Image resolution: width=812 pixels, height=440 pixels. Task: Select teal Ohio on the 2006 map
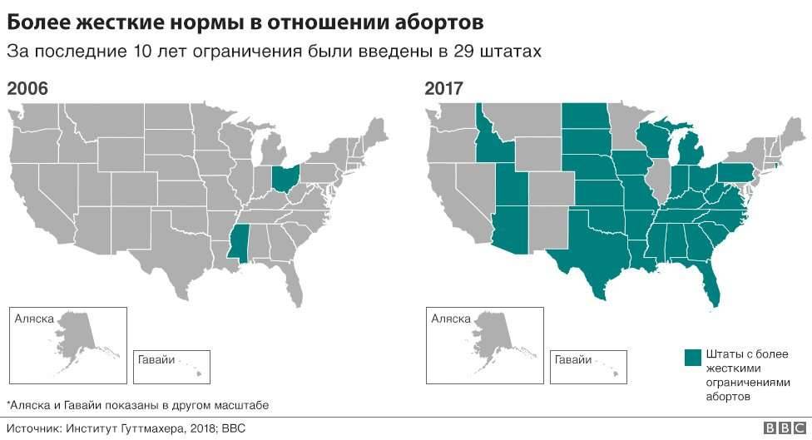pyautogui.click(x=285, y=177)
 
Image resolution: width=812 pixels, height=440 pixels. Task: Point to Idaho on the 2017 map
pyautogui.click(x=489, y=141)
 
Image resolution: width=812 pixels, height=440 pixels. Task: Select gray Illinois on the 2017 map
pyautogui.click(x=658, y=183)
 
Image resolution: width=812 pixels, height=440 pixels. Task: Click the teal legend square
pyautogui.click(x=693, y=357)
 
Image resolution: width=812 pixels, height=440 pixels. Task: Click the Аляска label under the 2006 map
pyautogui.click(x=34, y=319)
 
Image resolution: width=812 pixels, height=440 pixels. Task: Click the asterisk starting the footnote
pyautogui.click(x=7, y=403)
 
